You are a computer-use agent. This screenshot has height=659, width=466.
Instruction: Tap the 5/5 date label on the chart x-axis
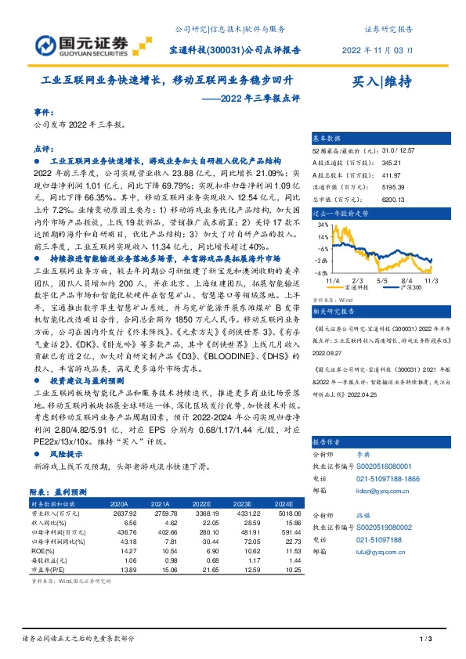(383, 279)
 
